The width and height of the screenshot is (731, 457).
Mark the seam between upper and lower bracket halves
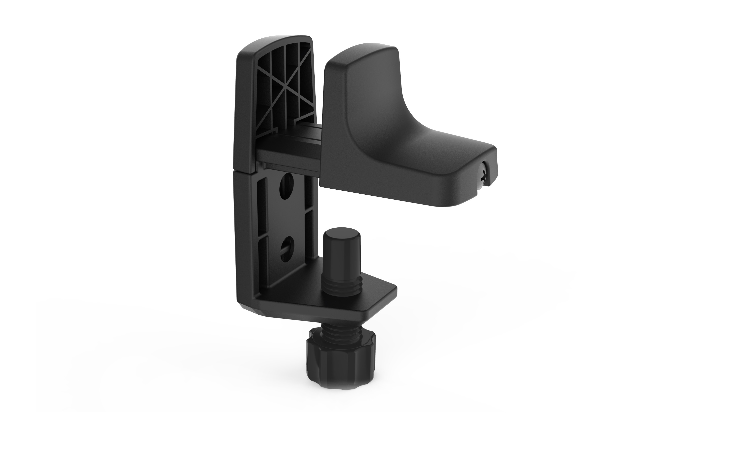click(x=245, y=170)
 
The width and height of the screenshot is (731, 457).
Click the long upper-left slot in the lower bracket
click(x=262, y=204)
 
